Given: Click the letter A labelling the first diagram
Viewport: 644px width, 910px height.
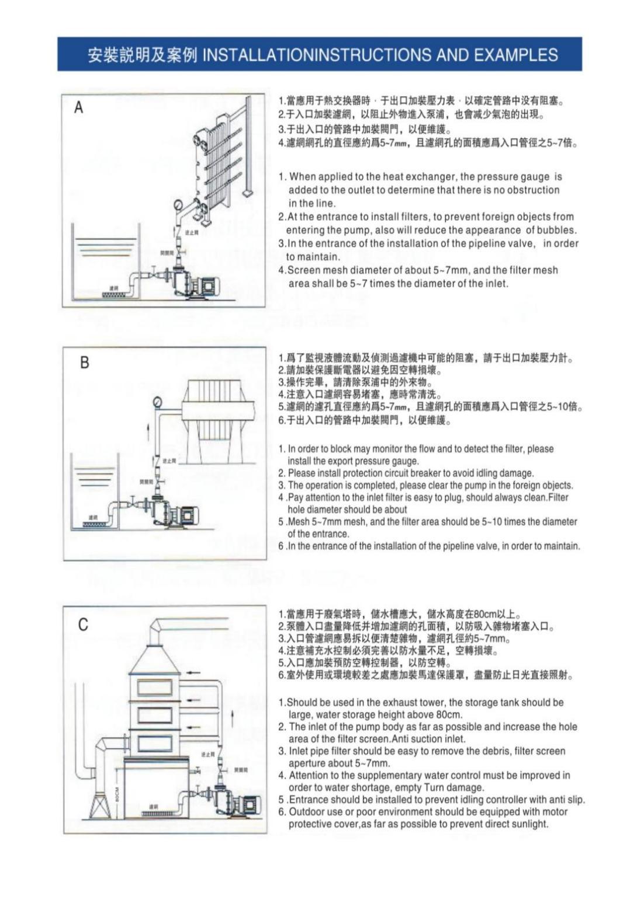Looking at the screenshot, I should [x=79, y=108].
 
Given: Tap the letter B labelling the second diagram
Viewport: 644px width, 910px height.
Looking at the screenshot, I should [x=84, y=362].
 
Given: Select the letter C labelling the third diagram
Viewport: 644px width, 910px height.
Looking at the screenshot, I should [x=83, y=625].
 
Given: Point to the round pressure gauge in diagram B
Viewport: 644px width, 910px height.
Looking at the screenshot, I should [x=157, y=402].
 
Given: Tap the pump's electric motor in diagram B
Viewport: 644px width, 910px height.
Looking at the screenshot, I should [x=186, y=515].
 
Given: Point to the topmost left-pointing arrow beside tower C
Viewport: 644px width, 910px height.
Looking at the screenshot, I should [x=193, y=672].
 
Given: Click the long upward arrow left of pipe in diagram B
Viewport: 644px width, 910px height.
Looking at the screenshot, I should [x=148, y=434].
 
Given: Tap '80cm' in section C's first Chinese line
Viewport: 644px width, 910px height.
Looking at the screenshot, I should [x=485, y=614].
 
